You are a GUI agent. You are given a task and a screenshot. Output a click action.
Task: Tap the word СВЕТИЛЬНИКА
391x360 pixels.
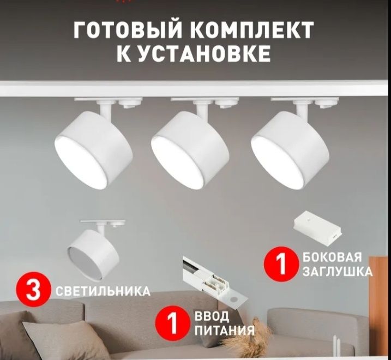[103, 291]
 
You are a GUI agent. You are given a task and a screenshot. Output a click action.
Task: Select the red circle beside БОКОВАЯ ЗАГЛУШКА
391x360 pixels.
[281, 263]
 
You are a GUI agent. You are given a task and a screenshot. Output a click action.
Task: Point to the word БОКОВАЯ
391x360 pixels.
[332, 257]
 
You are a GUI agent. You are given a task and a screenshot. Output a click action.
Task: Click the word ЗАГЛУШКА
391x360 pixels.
[338, 271]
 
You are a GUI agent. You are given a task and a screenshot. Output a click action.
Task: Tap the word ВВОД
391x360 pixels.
[212, 316]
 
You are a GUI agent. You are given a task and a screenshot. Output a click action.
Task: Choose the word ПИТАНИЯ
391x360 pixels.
[225, 330]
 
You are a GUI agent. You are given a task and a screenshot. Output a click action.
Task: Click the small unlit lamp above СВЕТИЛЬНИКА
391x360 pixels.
[93, 250]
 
